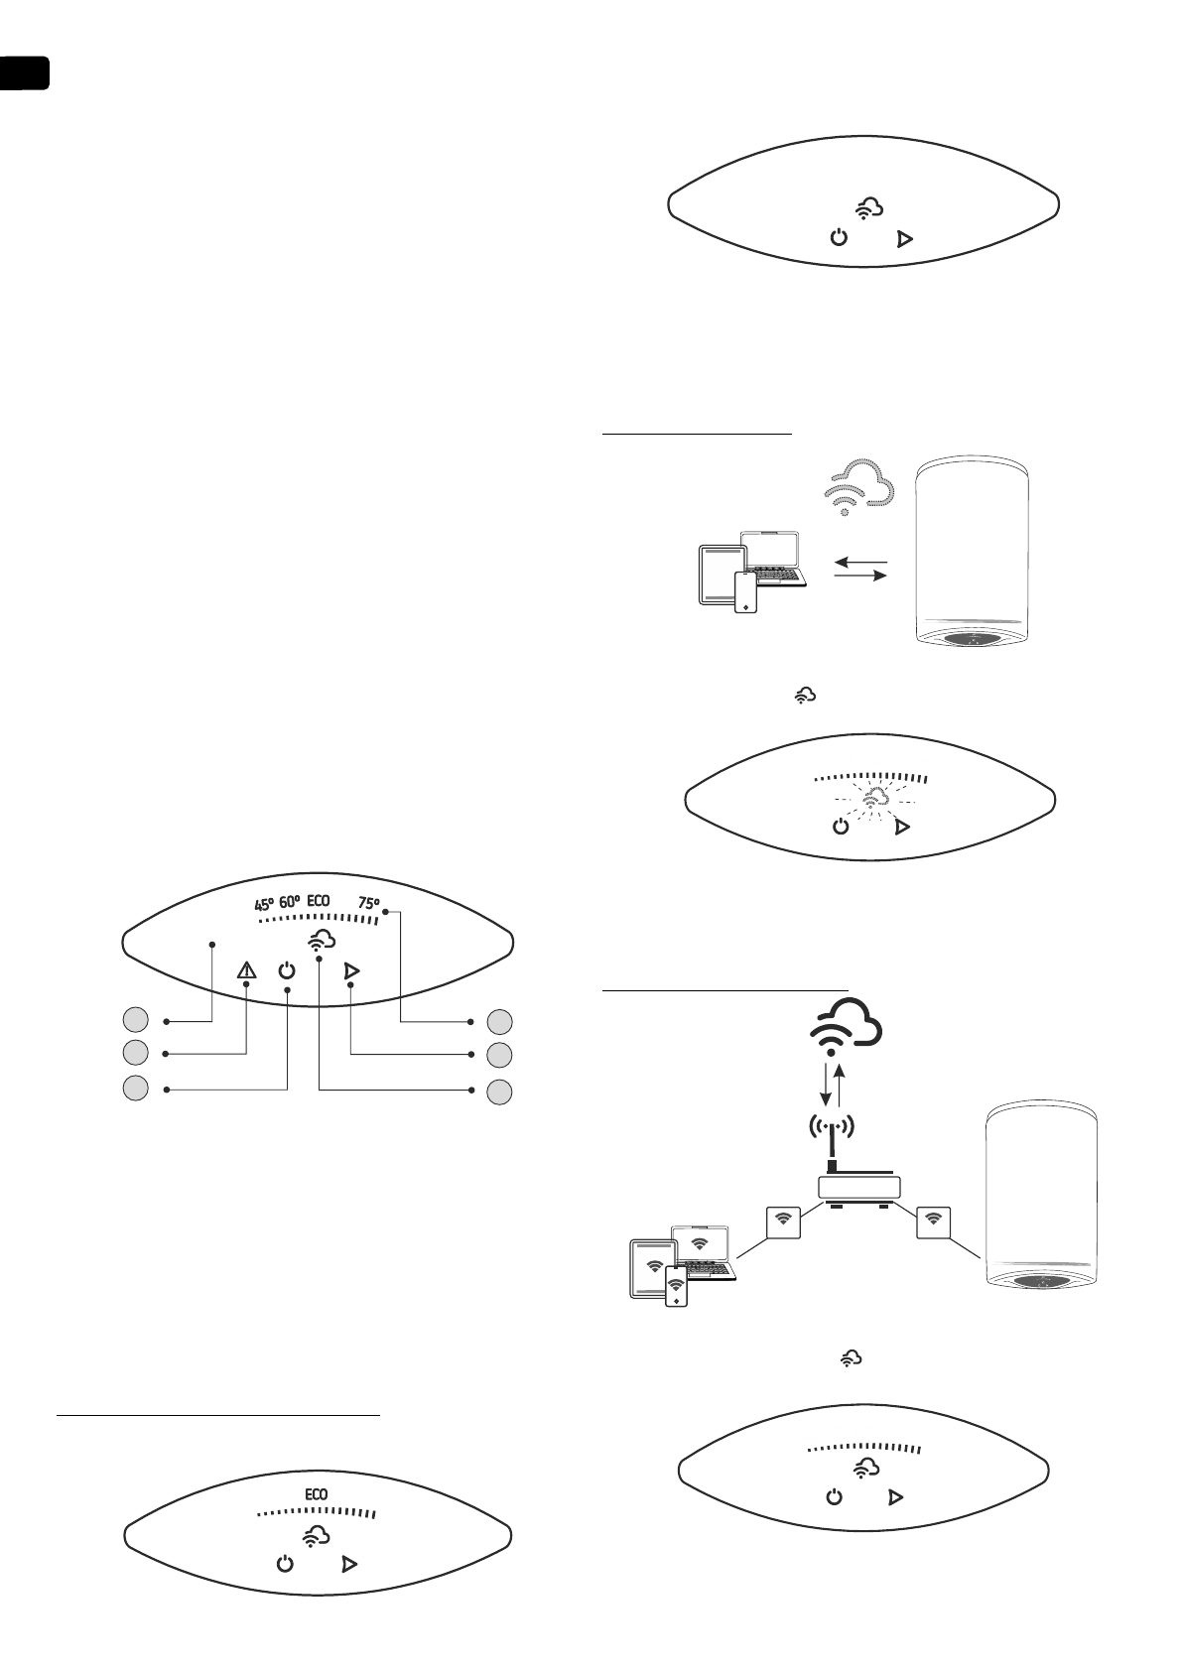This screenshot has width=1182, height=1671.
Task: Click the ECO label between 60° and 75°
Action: tap(318, 902)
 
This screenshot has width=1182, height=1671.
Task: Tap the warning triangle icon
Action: tap(246, 971)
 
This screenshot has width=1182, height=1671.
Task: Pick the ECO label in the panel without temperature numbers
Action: tap(316, 1493)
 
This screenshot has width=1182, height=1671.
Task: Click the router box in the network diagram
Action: tap(857, 1187)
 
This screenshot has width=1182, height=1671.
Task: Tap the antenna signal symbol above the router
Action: tap(832, 1127)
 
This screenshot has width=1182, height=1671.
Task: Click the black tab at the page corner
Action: tap(24, 74)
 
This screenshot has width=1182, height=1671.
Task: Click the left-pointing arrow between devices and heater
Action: tap(858, 562)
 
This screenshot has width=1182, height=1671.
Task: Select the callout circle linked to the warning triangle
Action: tap(136, 1052)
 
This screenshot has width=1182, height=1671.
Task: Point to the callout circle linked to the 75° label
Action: tap(500, 1020)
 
